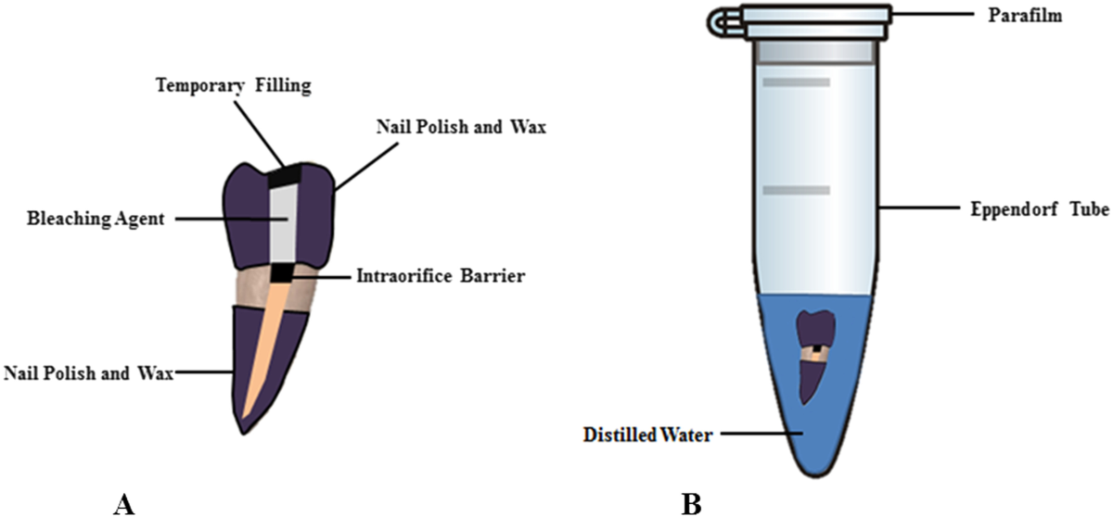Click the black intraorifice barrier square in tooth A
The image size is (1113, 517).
281,273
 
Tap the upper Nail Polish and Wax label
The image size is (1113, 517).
449,127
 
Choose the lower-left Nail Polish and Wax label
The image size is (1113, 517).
89,372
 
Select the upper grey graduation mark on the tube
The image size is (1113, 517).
796,83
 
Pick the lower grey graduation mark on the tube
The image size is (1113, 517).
796,190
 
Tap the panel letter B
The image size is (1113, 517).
690,502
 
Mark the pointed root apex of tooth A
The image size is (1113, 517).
242,428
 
